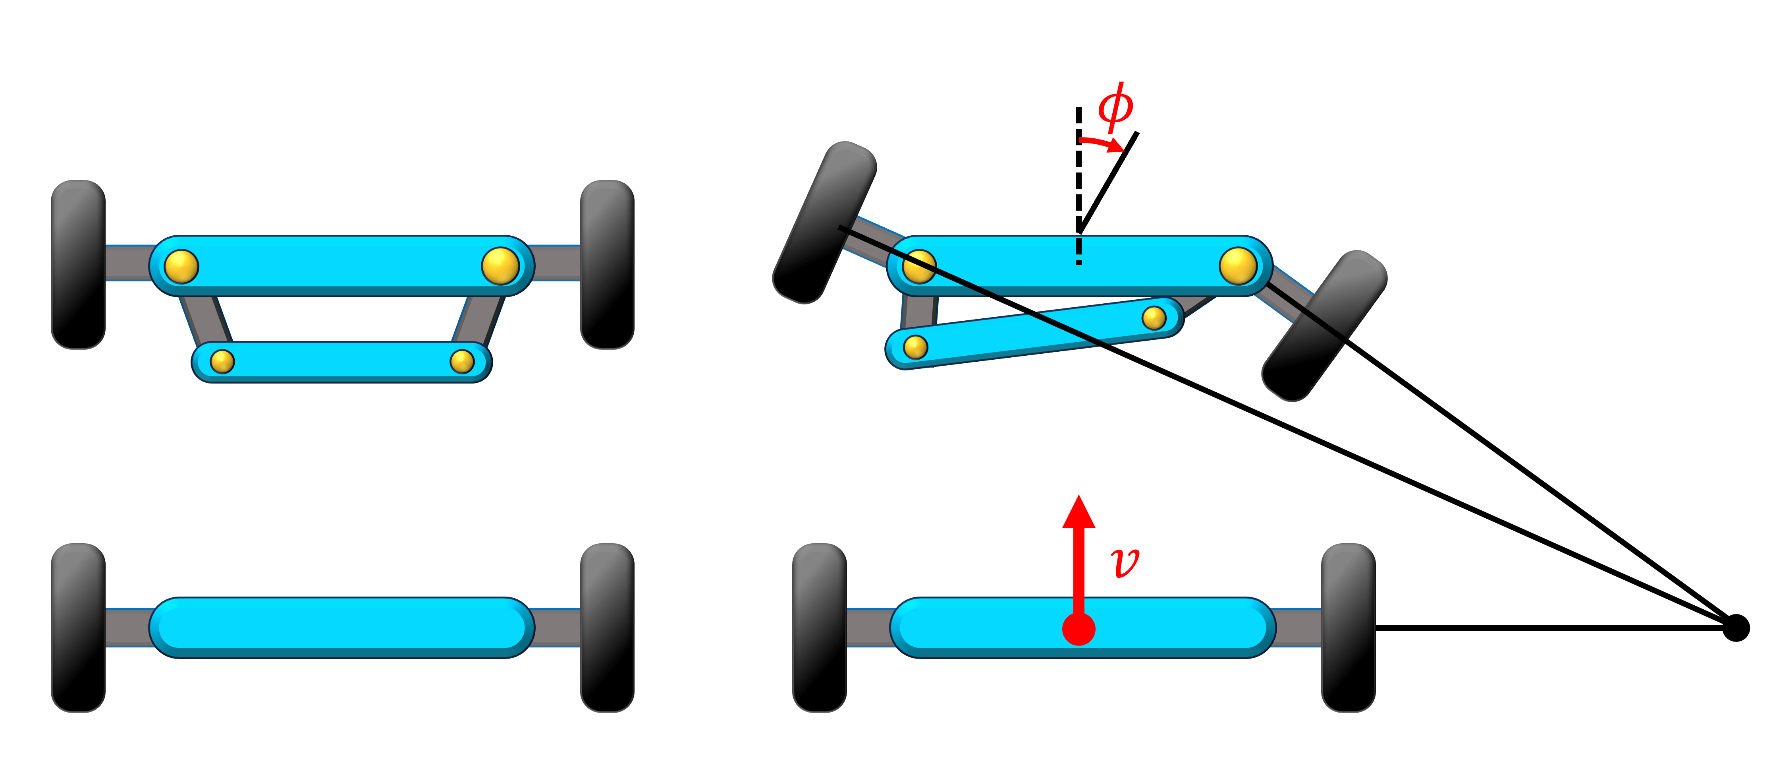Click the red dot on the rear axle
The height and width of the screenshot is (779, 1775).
tap(1079, 629)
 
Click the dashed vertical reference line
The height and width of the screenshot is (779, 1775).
tap(1079, 186)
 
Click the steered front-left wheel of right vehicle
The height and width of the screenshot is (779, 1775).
tap(824, 222)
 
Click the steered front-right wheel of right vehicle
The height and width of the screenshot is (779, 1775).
tap(1324, 326)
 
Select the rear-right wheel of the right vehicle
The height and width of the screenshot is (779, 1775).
tap(1348, 627)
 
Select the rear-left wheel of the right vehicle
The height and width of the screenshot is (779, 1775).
tap(819, 627)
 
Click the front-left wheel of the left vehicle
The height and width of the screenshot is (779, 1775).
tap(78, 265)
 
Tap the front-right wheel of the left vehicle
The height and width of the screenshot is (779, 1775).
tap(607, 265)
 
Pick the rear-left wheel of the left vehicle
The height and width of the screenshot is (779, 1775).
tap(78, 627)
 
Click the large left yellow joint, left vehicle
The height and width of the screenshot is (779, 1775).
tap(181, 266)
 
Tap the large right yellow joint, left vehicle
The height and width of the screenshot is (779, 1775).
tap(500, 266)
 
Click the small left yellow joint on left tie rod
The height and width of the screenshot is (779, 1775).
tap(222, 361)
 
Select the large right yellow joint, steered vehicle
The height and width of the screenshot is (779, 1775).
tap(1238, 266)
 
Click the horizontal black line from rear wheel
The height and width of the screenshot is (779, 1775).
tap(1550, 627)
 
